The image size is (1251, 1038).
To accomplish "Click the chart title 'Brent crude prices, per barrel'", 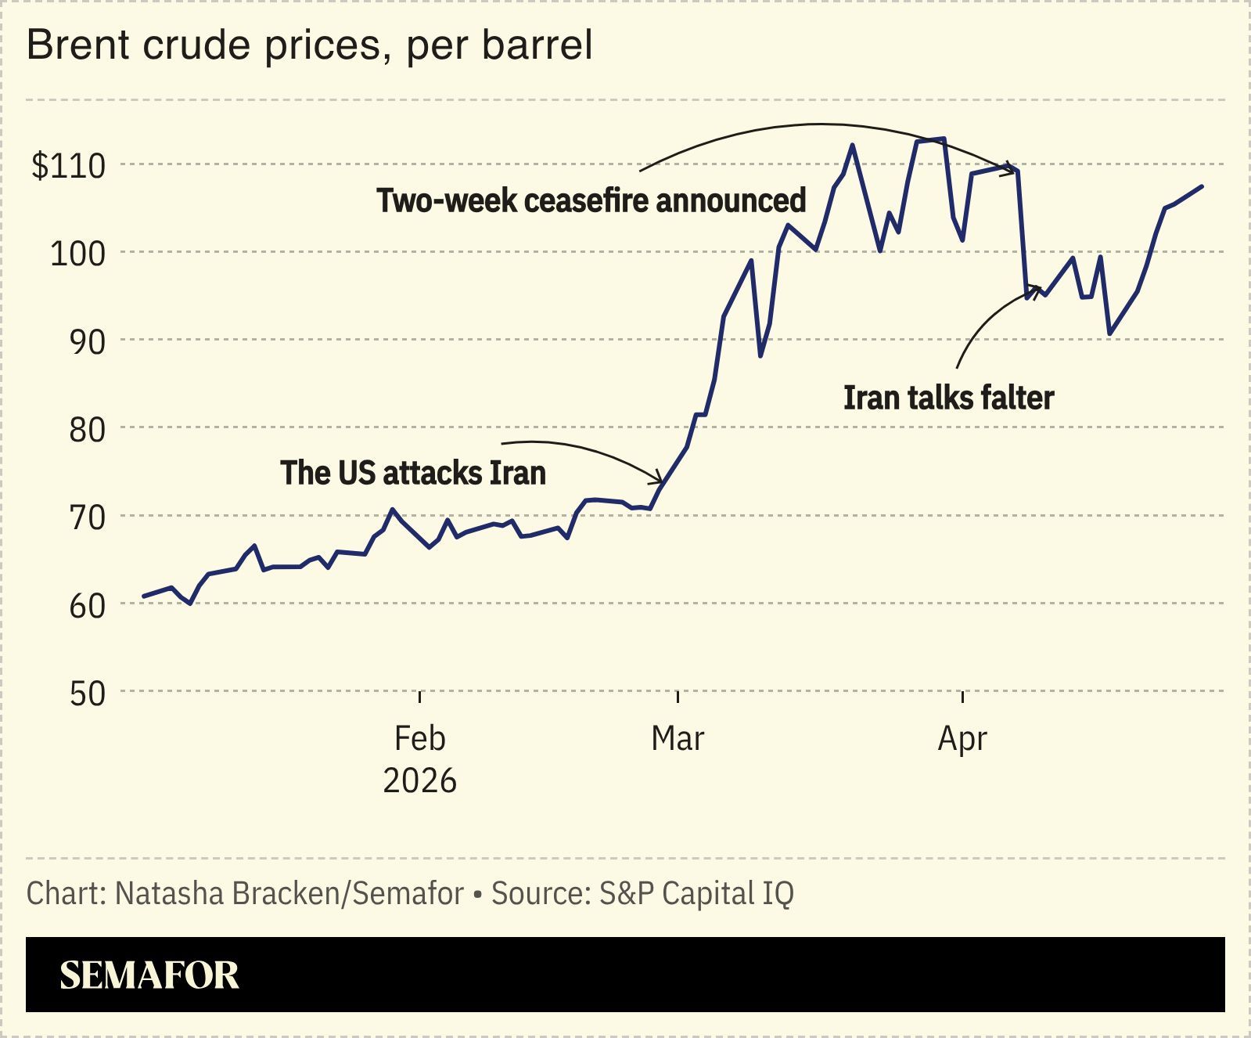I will coord(310,45).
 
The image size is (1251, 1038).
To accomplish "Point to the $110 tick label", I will coord(68,166).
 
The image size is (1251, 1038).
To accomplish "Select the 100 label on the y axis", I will coord(77,254).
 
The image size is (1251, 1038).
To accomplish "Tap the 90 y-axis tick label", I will coord(86,342).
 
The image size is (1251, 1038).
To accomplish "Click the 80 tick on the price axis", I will coord(86,430).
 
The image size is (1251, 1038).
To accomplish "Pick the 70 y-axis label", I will coord(86,517).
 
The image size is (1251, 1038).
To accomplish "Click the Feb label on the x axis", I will coord(420,738).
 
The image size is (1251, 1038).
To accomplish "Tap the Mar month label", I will coord(678,738).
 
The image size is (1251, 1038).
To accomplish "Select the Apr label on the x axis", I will coord(962,739).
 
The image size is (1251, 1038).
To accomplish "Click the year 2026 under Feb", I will coord(420,780).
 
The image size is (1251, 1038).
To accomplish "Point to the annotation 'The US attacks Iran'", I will coord(413,473).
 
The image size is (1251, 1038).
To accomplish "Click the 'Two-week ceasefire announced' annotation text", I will coord(591,200).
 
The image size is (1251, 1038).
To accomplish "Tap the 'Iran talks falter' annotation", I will coord(948,398).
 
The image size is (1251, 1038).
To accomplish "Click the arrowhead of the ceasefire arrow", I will coord(1013,169).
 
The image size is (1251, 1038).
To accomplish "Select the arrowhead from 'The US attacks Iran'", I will coord(660,479).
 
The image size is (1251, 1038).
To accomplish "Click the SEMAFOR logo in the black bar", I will coord(149,975).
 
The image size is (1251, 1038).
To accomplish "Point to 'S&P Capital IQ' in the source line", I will coord(696,893).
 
